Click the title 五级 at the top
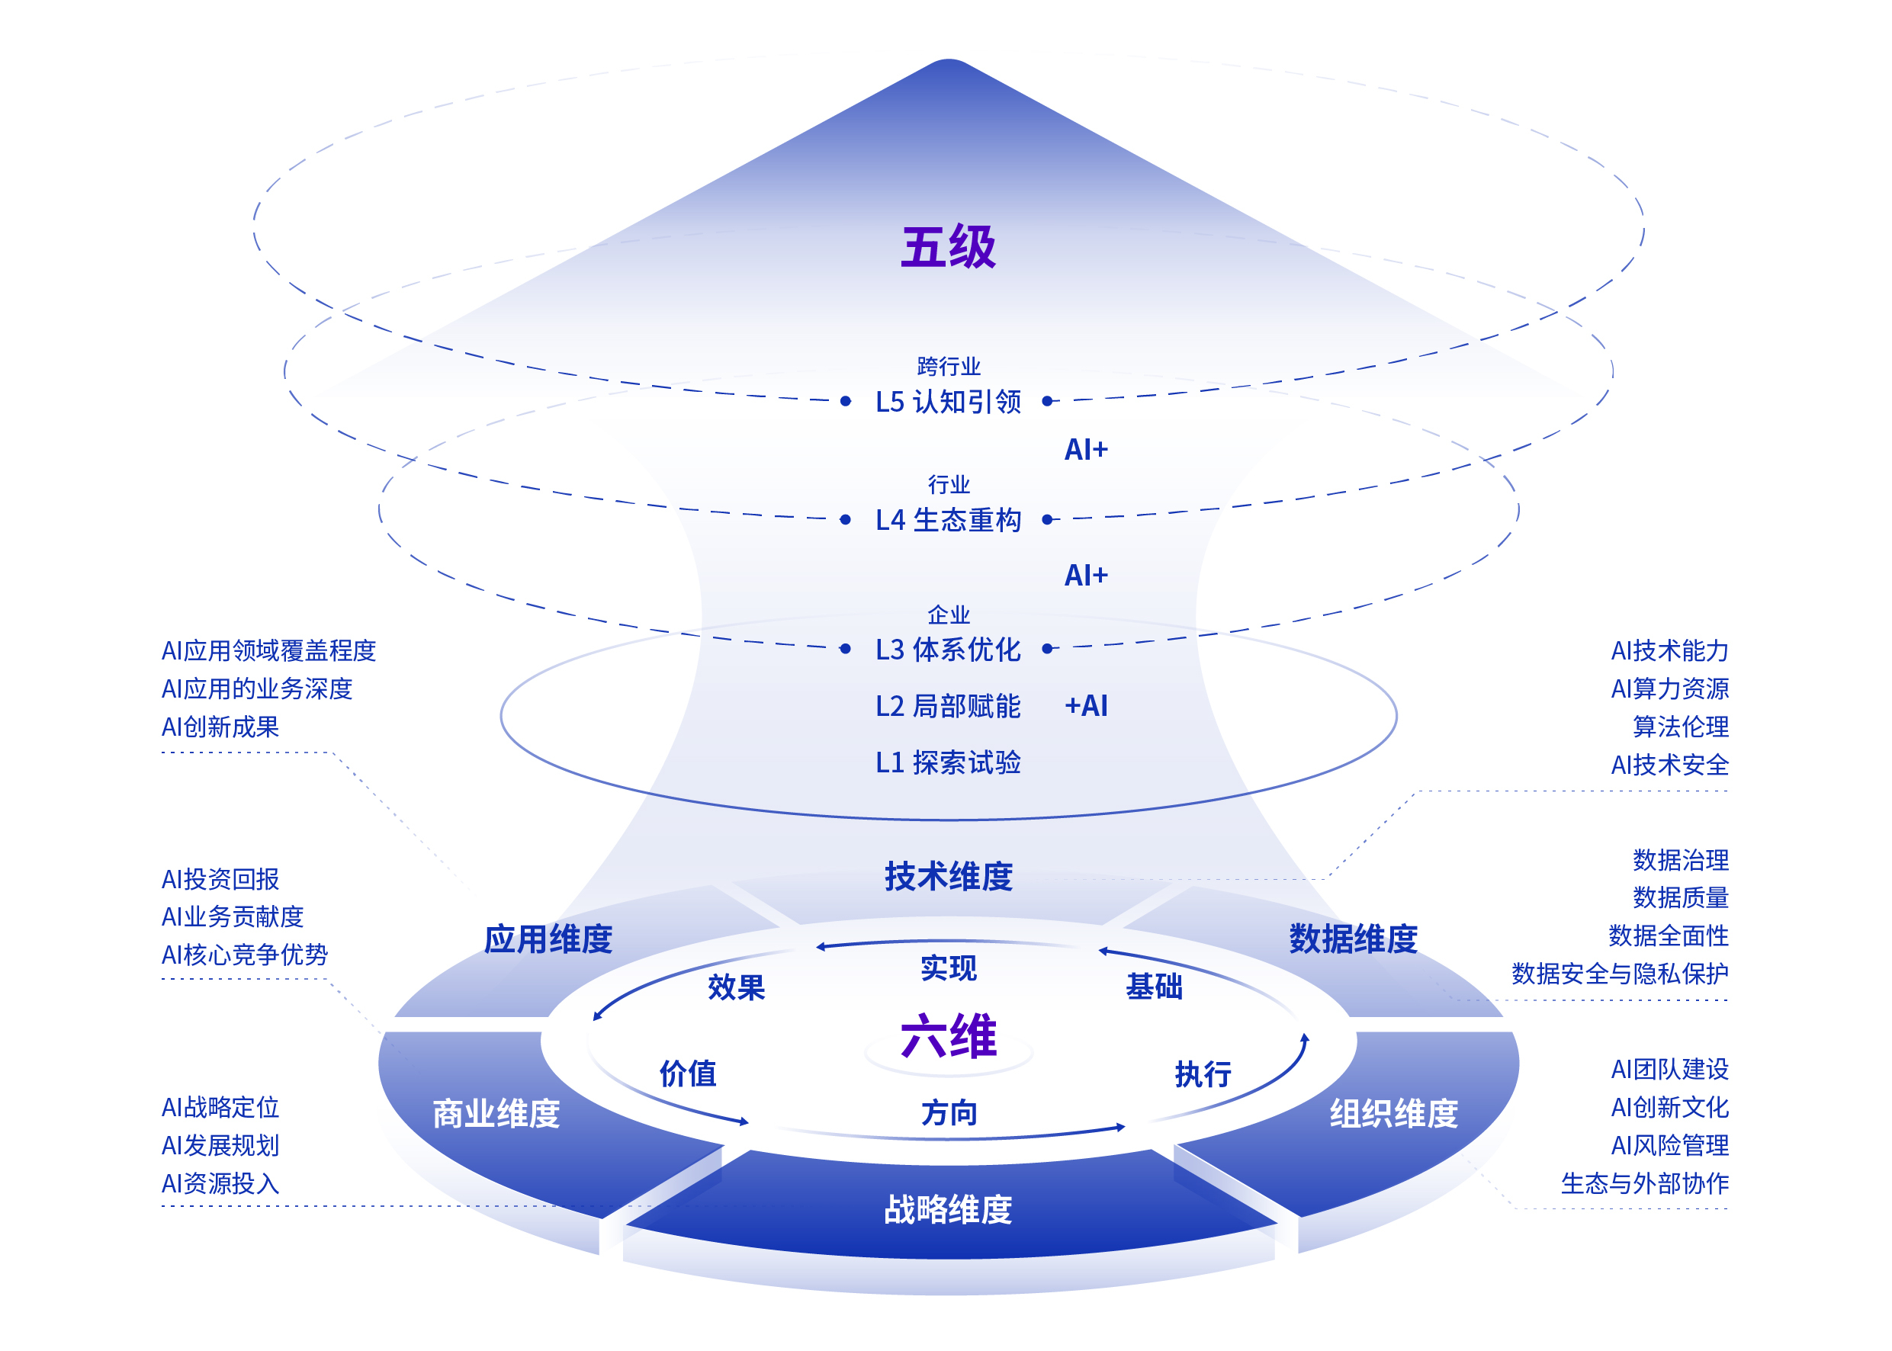(948, 247)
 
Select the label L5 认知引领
(948, 402)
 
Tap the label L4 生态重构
(948, 520)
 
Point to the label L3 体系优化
(948, 649)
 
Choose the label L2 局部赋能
(948, 706)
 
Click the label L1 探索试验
(948, 762)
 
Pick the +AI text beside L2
(1086, 705)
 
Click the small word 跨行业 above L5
(949, 366)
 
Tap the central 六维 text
(949, 1037)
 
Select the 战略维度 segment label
(948, 1208)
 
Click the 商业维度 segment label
(496, 1113)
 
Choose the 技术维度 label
(949, 877)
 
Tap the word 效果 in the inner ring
(737, 987)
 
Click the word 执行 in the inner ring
(1203, 1074)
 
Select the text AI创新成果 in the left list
(220, 727)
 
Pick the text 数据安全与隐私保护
(1619, 974)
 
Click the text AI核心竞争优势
(245, 955)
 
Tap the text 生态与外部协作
(1644, 1183)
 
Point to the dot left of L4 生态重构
(845, 520)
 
